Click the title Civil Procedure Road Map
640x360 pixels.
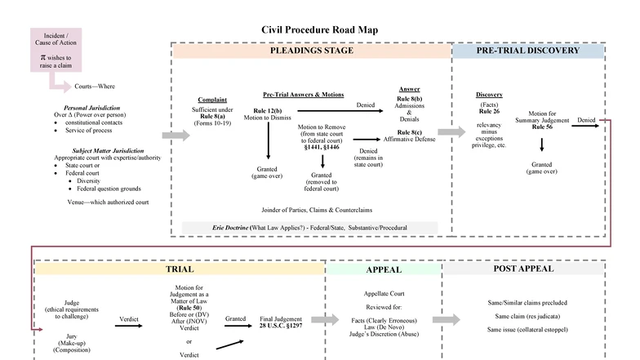click(319, 30)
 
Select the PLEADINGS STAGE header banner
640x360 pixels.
click(311, 51)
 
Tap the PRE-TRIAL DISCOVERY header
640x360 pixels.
click(528, 51)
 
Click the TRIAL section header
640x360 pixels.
click(179, 269)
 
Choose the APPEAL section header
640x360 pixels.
click(383, 269)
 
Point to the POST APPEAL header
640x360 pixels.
click(523, 269)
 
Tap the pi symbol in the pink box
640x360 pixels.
click(43, 59)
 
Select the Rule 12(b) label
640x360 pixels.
click(267, 110)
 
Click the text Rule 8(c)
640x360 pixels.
click(409, 132)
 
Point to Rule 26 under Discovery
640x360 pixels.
click(489, 112)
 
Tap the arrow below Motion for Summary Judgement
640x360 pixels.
click(542, 145)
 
